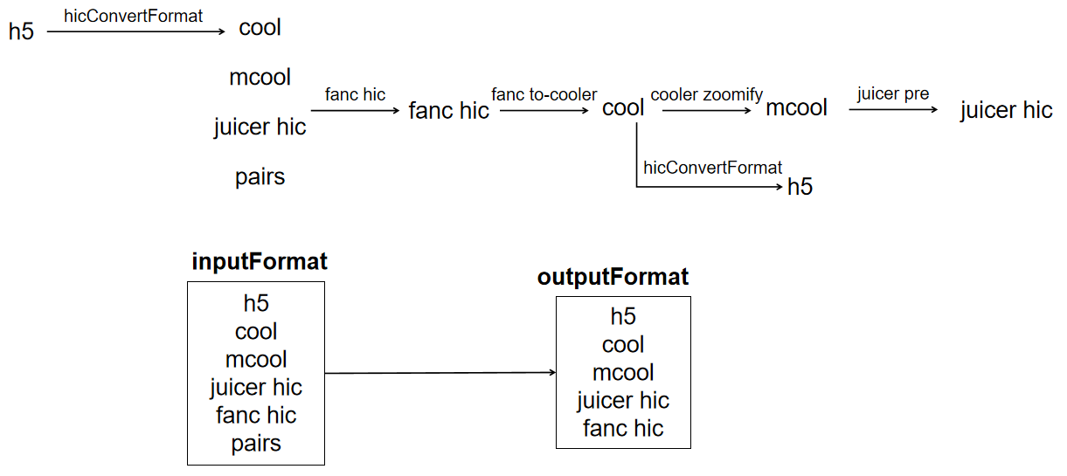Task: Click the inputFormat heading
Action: click(260, 261)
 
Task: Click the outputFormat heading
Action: click(613, 277)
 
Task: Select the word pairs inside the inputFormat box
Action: click(256, 444)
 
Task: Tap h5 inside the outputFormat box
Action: click(623, 316)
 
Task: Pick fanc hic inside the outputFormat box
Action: click(623, 428)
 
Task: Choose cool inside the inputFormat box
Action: click(256, 331)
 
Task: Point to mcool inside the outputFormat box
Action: click(623, 372)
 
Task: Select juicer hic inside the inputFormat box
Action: click(256, 388)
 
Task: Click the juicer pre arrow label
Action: click(893, 93)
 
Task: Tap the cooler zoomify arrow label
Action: click(707, 94)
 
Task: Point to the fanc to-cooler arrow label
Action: click(544, 94)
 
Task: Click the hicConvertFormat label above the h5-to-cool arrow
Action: click(134, 17)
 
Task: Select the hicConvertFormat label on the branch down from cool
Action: click(712, 168)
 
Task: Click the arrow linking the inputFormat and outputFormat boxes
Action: click(440, 373)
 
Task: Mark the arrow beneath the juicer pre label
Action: click(893, 109)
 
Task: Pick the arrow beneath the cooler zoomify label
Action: click(707, 110)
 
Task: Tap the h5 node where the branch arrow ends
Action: click(800, 187)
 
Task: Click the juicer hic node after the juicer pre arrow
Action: click(1006, 110)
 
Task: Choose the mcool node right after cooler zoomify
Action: click(796, 107)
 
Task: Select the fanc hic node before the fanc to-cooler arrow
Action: click(448, 110)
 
